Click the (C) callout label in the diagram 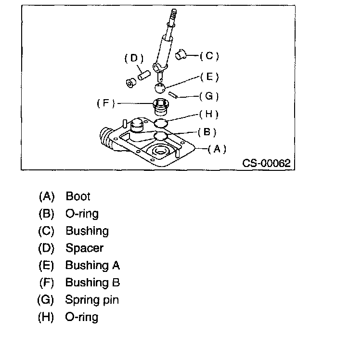209,56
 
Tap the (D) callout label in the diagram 134,58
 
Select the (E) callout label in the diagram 209,77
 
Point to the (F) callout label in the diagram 106,103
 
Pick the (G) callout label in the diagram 209,96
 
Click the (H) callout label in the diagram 209,114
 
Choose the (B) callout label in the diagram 207,131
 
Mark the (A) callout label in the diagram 217,149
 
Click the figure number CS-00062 266,163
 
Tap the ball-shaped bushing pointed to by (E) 160,88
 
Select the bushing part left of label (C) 182,54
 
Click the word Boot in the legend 78,196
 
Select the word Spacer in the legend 84,248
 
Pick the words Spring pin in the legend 92,300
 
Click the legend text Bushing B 92,283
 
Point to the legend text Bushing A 92,266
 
